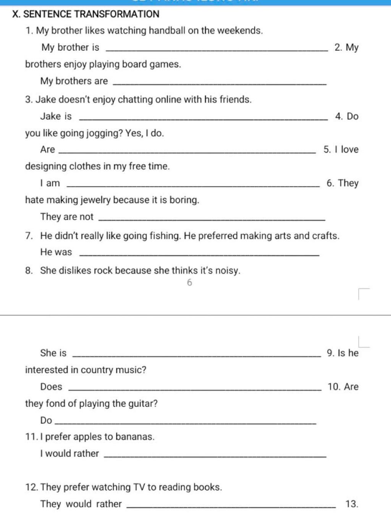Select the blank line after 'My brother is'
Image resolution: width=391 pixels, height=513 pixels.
[216, 50]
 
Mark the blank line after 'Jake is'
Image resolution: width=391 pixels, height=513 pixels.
[203, 120]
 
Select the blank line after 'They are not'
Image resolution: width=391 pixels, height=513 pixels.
[212, 220]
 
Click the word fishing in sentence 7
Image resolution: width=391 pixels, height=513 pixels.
[165, 236]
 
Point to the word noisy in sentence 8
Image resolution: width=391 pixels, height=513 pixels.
[228, 271]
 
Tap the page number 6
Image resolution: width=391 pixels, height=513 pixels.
[189, 283]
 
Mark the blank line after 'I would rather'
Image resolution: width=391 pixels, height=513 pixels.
[215, 456]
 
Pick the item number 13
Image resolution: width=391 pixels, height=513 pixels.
[351, 504]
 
